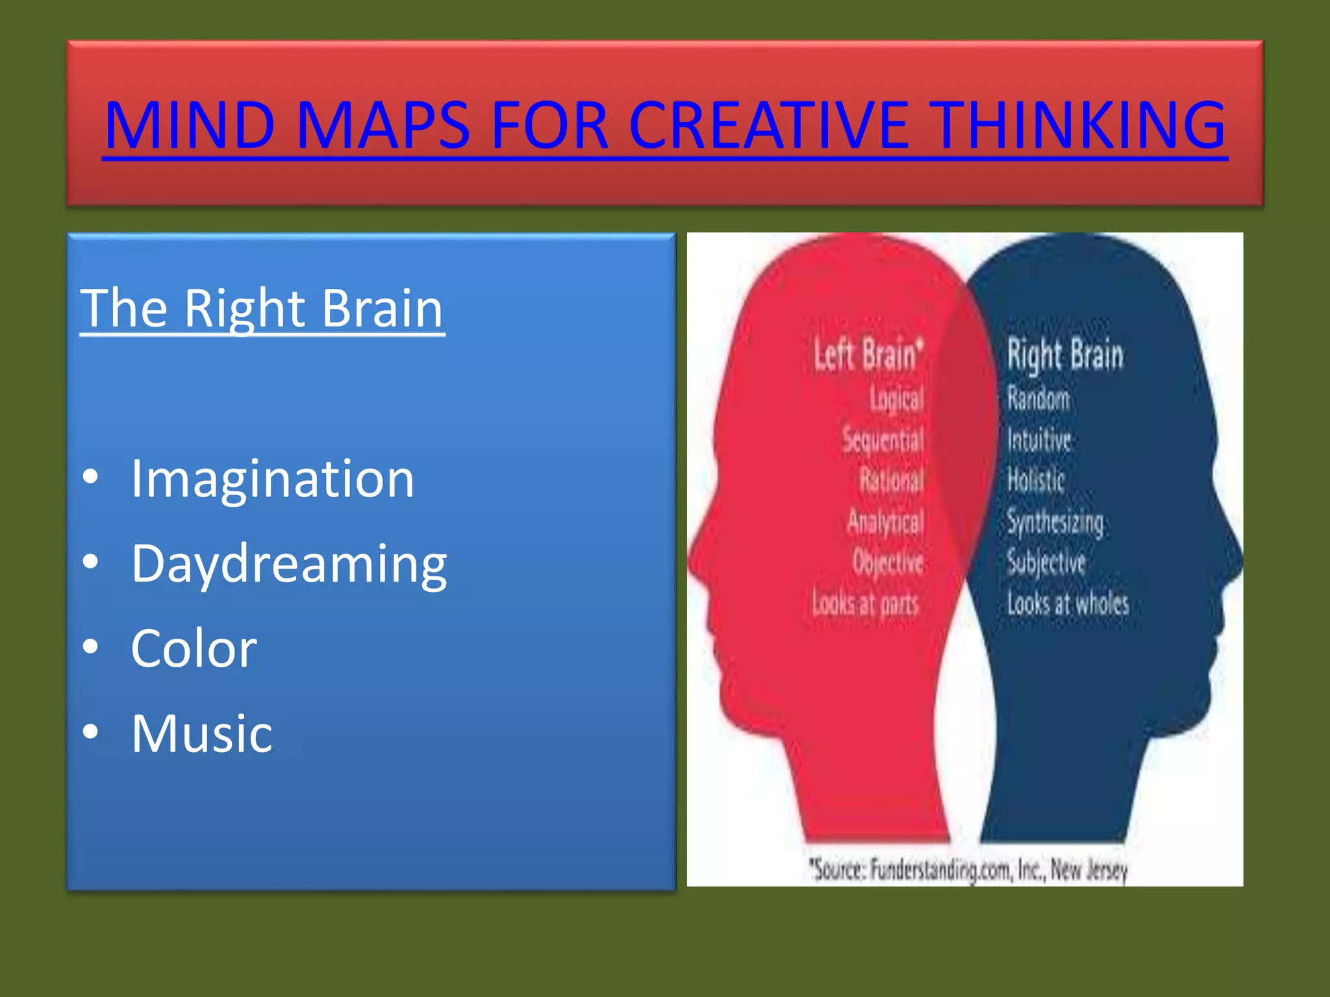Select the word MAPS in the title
[x=383, y=125]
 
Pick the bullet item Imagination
[x=272, y=479]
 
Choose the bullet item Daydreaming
[x=289, y=563]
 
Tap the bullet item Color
[x=194, y=648]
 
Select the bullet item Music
[x=201, y=733]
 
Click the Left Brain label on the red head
[x=868, y=355]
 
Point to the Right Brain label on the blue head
[x=1065, y=355]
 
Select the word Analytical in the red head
[x=885, y=522]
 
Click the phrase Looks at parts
[x=866, y=604]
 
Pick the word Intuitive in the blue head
[x=1039, y=440]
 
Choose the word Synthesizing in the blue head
[x=1055, y=522]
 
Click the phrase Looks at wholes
[x=1068, y=604]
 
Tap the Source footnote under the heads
[x=968, y=869]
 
